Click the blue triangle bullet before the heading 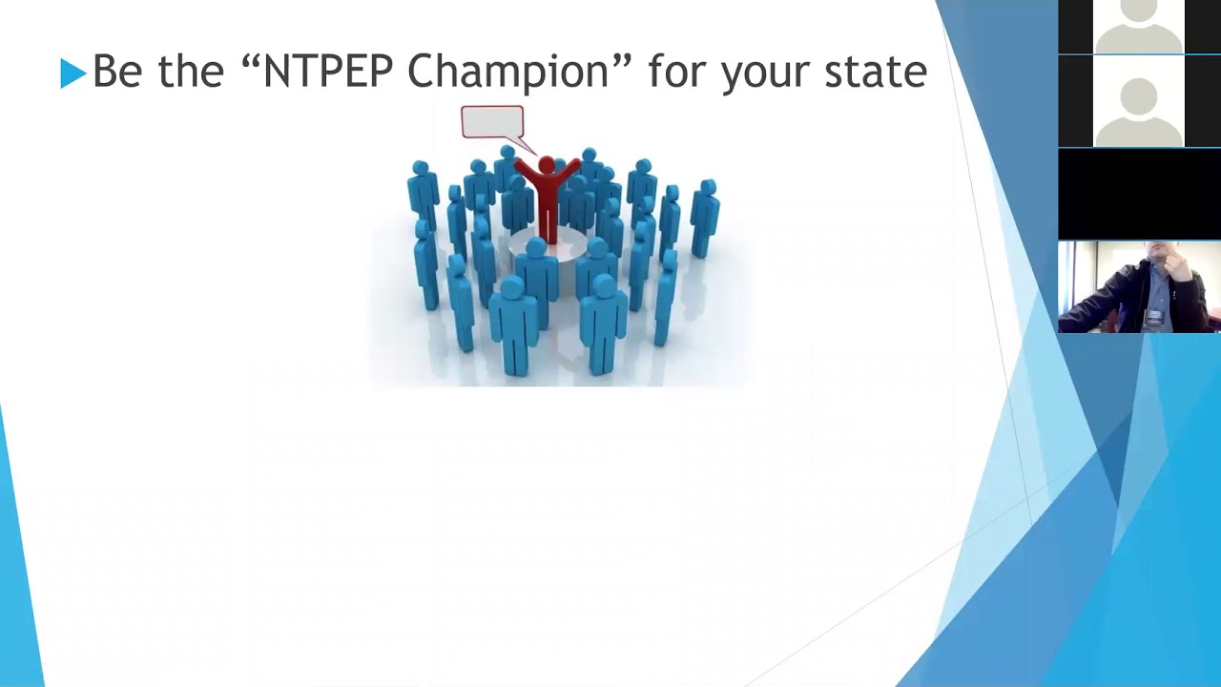72,73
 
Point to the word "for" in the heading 678,72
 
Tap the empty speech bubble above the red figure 492,122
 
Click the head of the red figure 547,166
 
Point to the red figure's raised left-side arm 526,171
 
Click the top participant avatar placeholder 1139,26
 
